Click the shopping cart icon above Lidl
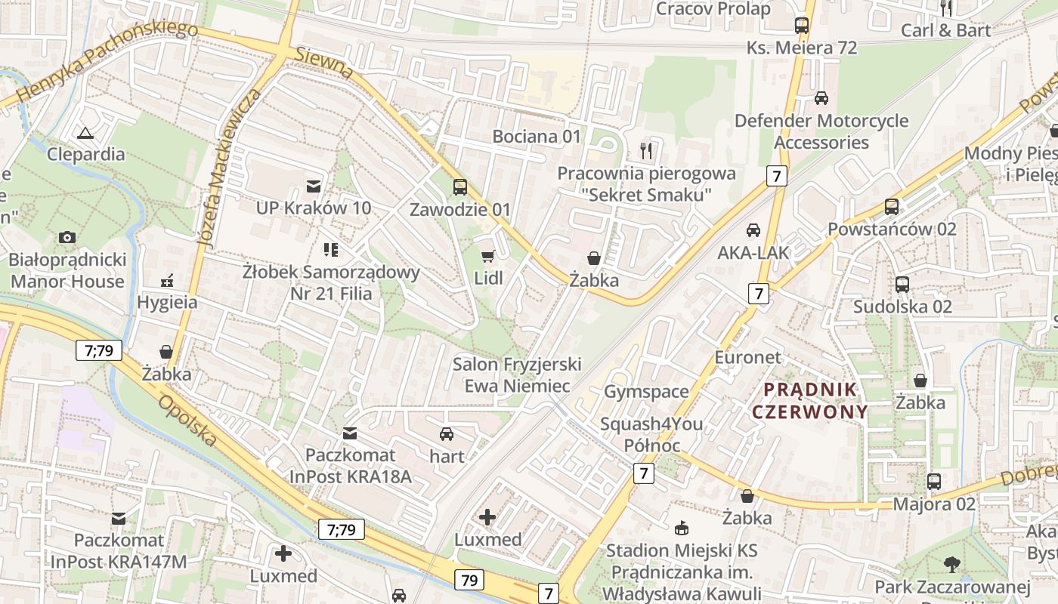pyautogui.click(x=488, y=257)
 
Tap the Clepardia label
pyautogui.click(x=85, y=154)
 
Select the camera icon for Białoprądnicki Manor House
pyautogui.click(x=67, y=237)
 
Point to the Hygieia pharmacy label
pyautogui.click(x=167, y=303)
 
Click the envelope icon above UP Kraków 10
pyautogui.click(x=313, y=186)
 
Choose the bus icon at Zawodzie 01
pyautogui.click(x=459, y=187)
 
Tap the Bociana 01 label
pyautogui.click(x=537, y=137)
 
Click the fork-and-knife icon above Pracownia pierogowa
pyautogui.click(x=646, y=151)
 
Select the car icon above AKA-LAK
pyautogui.click(x=753, y=230)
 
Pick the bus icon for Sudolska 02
pyautogui.click(x=902, y=285)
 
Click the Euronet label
pyautogui.click(x=747, y=357)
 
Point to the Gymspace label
pyautogui.click(x=646, y=391)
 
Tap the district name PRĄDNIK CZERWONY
pyautogui.click(x=809, y=401)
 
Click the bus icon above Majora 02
pyautogui.click(x=934, y=482)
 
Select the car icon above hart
pyautogui.click(x=447, y=434)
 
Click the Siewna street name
pyautogui.click(x=324, y=63)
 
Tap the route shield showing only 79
pyautogui.click(x=469, y=580)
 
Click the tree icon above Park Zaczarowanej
pyautogui.click(x=951, y=564)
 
